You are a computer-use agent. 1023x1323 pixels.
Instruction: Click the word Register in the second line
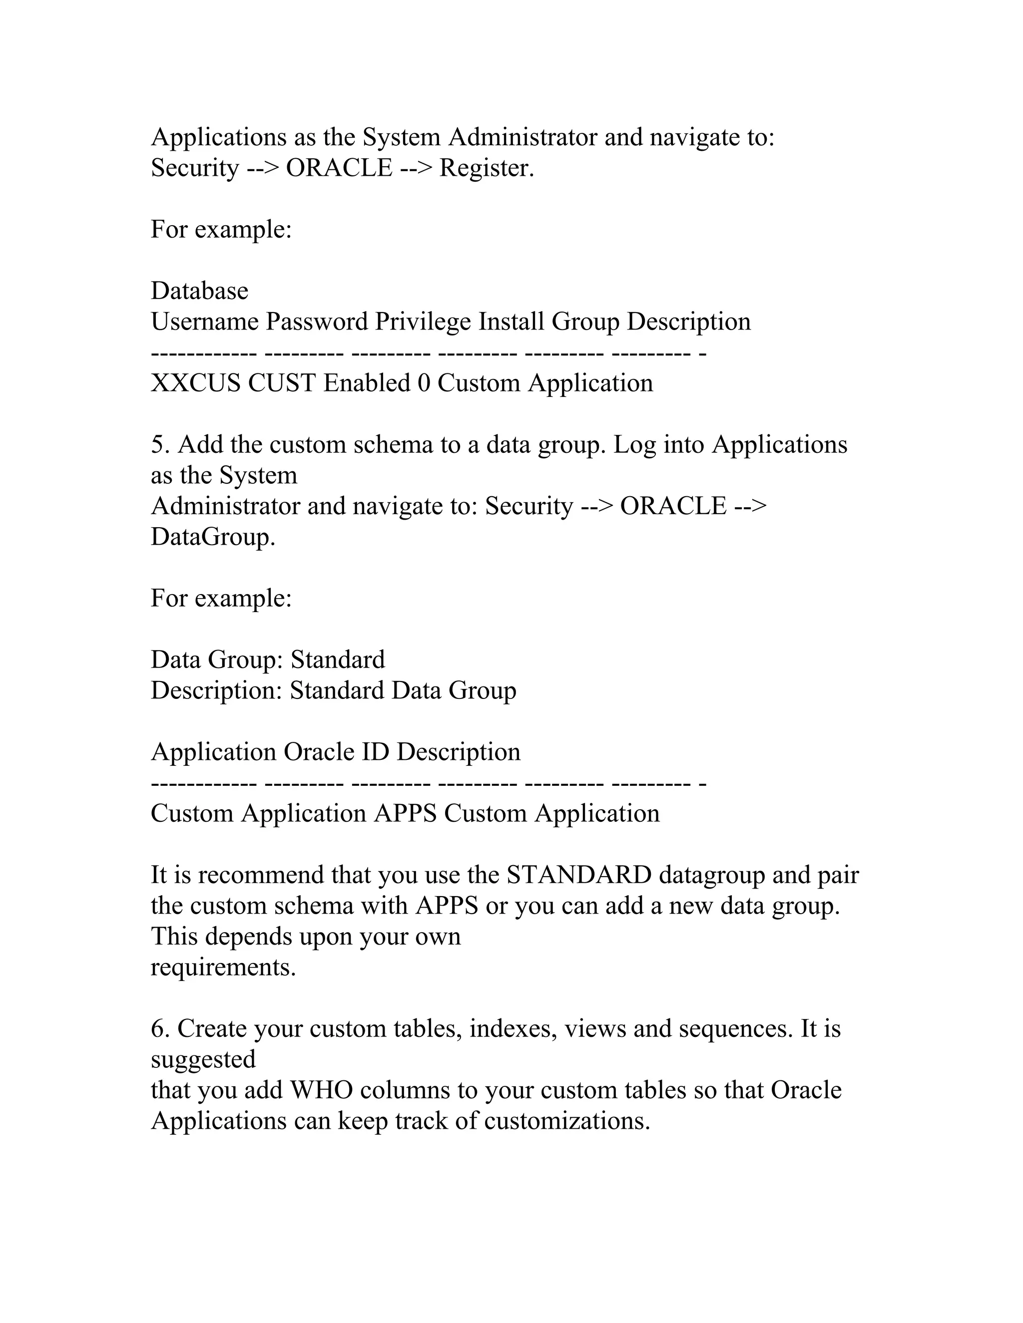486,168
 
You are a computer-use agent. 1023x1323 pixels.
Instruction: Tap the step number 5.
159,445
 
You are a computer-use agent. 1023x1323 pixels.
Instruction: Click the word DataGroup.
212,537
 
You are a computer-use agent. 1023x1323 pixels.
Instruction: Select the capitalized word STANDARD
579,875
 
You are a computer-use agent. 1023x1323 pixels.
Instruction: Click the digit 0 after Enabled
424,383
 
